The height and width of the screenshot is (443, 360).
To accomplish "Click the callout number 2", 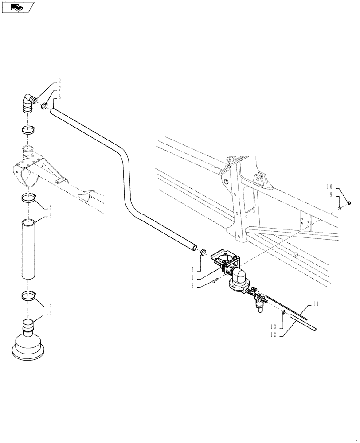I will click(x=59, y=82).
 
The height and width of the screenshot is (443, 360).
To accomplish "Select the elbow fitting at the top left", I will click(x=30, y=103).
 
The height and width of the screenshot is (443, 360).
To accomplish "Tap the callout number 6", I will click(x=59, y=96).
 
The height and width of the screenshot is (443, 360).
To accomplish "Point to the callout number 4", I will click(x=50, y=215).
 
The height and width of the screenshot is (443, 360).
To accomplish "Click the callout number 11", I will click(x=316, y=304).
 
